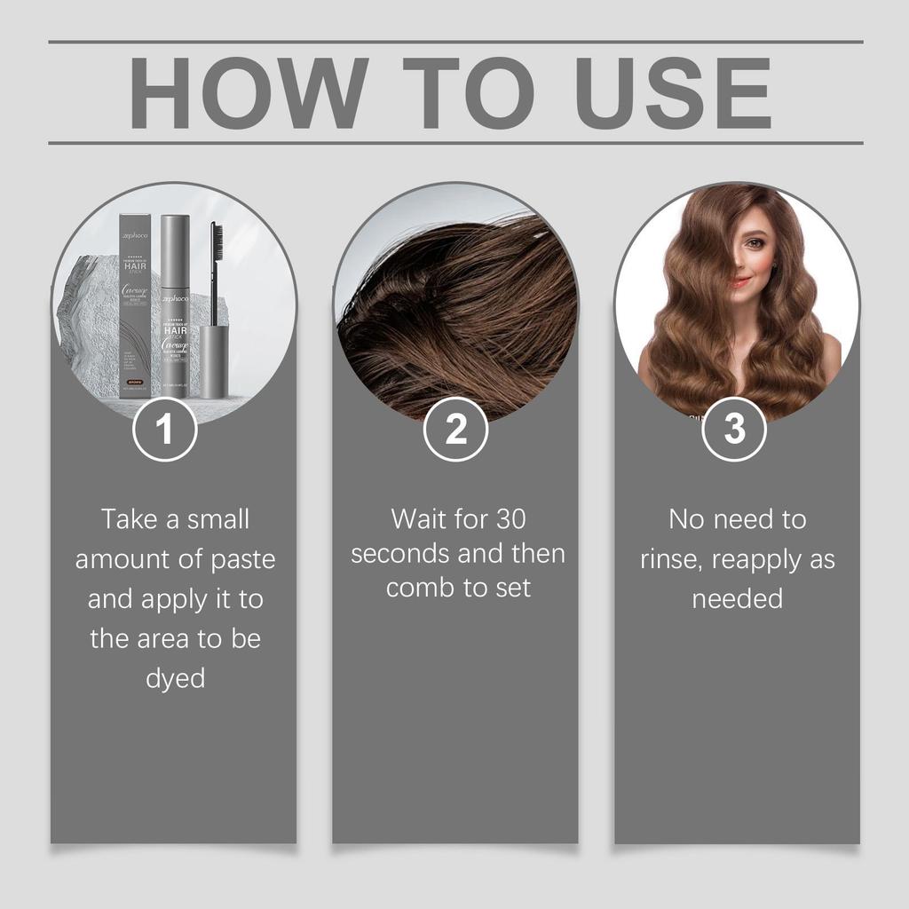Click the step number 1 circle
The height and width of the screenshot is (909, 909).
click(164, 429)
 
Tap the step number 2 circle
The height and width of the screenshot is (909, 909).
click(455, 429)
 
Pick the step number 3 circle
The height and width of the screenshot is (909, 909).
click(734, 429)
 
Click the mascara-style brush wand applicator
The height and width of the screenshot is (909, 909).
click(215, 266)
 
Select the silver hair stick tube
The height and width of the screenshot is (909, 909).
click(175, 306)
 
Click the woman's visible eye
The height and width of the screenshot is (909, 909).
click(754, 243)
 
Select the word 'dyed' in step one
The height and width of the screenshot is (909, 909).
click(175, 678)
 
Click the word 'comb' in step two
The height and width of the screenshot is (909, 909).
click(420, 589)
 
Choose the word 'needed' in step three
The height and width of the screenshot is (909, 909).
click(737, 598)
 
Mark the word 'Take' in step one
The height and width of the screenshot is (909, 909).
click(128, 518)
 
